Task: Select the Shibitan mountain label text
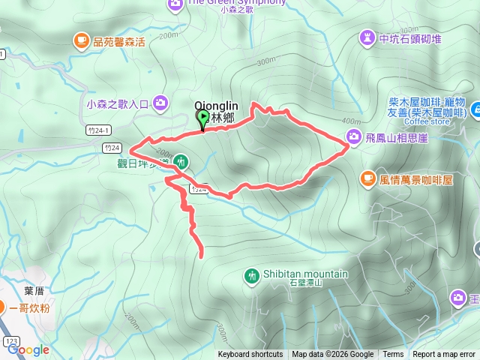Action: pyautogui.click(x=305, y=274)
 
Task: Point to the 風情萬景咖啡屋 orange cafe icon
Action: pyautogui.click(x=367, y=178)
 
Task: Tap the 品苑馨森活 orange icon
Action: pyautogui.click(x=80, y=40)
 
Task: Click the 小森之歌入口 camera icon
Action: pyautogui.click(x=160, y=103)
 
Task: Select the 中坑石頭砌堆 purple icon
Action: pyautogui.click(x=367, y=37)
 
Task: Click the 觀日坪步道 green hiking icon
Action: pyautogui.click(x=181, y=160)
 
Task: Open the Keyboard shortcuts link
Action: pyautogui.click(x=250, y=355)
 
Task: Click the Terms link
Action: pyautogui.click(x=393, y=355)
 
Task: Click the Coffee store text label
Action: pyautogui.click(x=428, y=121)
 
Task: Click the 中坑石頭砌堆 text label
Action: pyautogui.click(x=410, y=37)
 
